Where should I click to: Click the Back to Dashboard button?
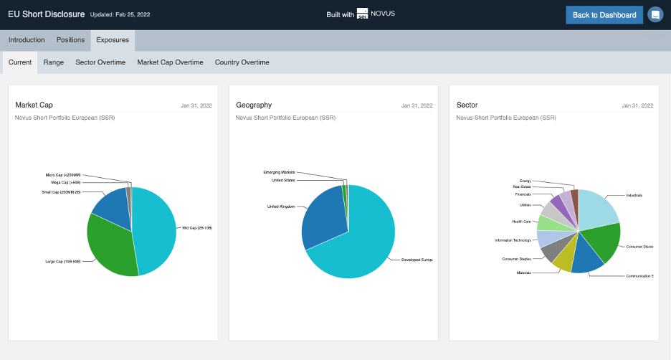click(604, 15)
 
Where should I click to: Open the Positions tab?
click(71, 40)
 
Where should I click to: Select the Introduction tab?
click(27, 40)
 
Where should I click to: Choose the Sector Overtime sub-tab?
click(100, 62)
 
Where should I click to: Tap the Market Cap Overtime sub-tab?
click(170, 62)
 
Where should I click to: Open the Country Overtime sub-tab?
click(242, 62)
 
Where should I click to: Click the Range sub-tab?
click(54, 62)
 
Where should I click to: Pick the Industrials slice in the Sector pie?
click(599, 208)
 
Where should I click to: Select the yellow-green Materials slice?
click(563, 261)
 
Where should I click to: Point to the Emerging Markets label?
click(279, 172)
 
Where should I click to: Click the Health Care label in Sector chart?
click(521, 222)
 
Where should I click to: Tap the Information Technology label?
click(513, 240)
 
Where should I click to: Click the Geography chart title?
click(254, 105)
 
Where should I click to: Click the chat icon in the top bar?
click(655, 15)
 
